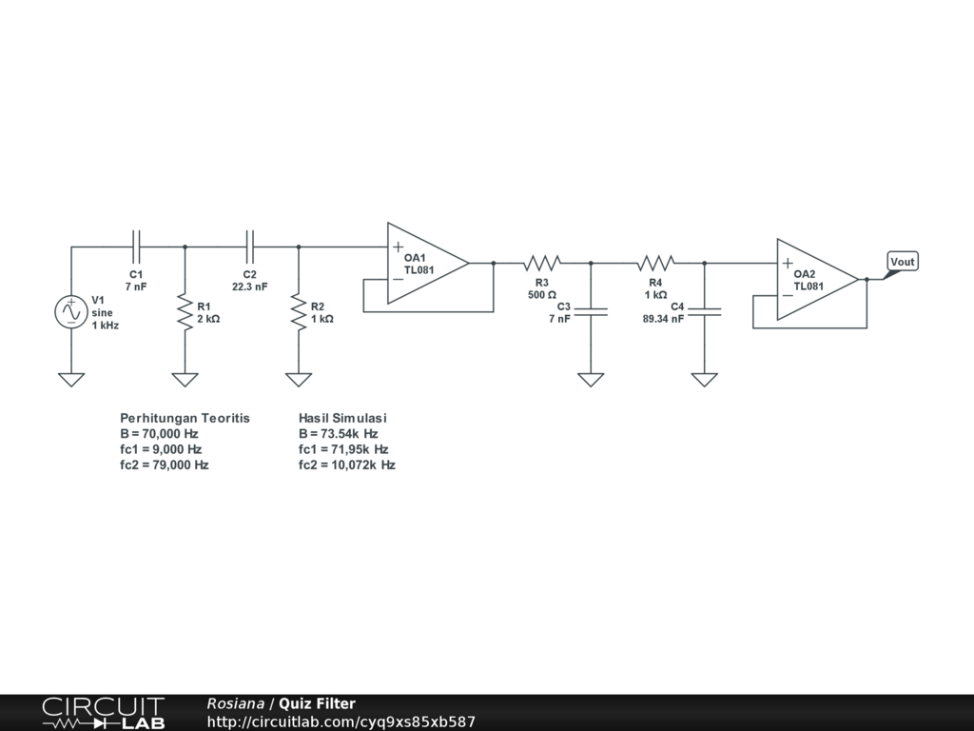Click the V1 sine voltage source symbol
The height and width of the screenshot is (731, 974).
pos(71,311)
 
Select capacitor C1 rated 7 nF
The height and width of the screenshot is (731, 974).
pos(136,247)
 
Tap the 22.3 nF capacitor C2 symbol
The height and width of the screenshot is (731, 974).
pos(250,247)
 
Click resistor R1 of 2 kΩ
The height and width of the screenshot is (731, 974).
pos(185,311)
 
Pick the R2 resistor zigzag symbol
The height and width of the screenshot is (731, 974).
pos(299,311)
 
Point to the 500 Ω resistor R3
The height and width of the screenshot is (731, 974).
pos(542,263)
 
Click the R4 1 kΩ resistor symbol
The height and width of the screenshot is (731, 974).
pos(656,263)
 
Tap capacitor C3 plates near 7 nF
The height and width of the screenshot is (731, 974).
pos(591,311)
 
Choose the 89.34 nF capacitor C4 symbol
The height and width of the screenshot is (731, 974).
pos(704,311)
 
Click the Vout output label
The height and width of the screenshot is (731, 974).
pos(902,262)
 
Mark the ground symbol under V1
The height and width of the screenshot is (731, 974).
pos(71,379)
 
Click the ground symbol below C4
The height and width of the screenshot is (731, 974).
pos(704,379)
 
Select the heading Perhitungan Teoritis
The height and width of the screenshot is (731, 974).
pos(185,418)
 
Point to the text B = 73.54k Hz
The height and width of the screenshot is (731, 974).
pos(338,433)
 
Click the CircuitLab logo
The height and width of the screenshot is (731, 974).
pos(103,713)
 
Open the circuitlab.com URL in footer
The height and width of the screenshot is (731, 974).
pos(341,722)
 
